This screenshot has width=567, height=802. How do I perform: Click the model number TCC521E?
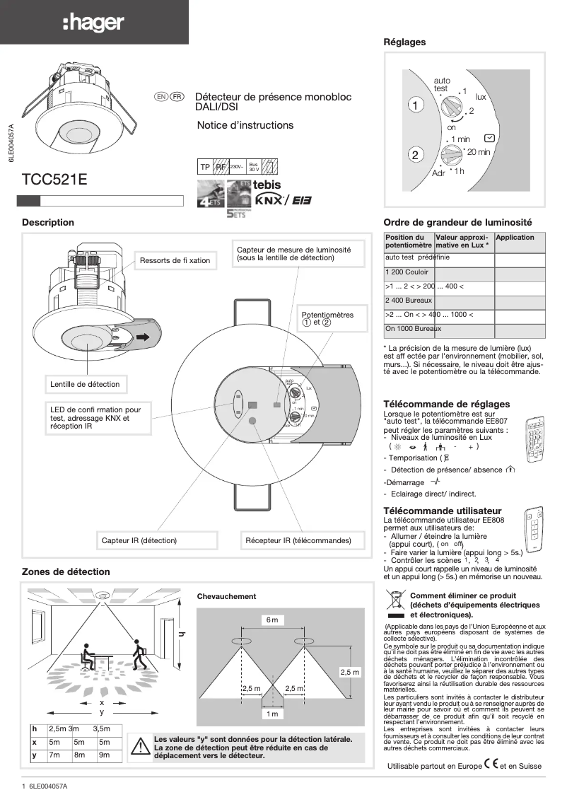55,180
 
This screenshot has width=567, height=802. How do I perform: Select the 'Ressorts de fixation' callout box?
175,261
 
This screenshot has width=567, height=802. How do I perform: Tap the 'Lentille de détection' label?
85,385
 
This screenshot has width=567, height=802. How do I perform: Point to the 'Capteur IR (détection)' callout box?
139,540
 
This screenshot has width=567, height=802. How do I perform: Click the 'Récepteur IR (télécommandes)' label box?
298,540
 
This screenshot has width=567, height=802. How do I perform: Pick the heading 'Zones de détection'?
66,571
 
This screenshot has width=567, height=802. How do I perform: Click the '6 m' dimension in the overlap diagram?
272,620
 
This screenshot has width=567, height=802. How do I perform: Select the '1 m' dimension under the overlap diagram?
272,714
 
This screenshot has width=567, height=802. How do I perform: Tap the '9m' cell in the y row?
105,756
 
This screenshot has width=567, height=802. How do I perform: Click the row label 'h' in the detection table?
34,729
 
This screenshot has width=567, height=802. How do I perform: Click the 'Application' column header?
515,238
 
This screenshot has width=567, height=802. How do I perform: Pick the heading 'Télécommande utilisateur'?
443,511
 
